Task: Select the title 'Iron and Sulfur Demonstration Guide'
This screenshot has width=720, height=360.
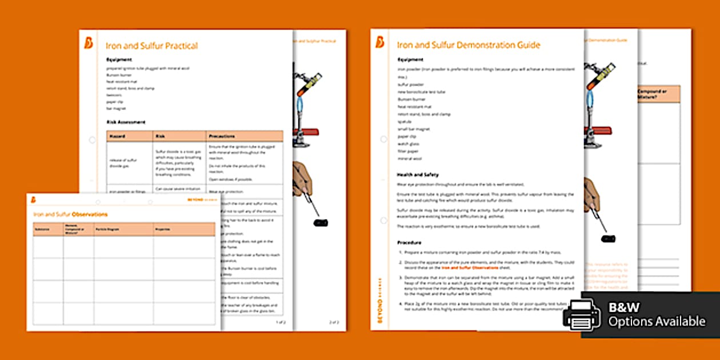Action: [x=468, y=45]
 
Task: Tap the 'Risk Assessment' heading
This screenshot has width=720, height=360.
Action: [x=126, y=122]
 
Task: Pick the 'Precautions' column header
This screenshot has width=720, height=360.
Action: [x=222, y=137]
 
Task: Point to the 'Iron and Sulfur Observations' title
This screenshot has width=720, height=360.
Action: [x=70, y=214]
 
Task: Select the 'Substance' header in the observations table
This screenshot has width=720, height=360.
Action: [x=42, y=230]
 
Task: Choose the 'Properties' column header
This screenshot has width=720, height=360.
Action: [x=163, y=230]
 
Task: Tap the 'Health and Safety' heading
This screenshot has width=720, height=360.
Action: [x=417, y=174]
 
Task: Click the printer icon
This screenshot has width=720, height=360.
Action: [x=581, y=315]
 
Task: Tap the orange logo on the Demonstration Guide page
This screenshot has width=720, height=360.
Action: [x=380, y=42]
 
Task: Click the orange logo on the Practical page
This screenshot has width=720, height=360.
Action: [x=89, y=43]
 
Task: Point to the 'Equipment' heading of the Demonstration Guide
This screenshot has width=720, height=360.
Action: [x=410, y=59]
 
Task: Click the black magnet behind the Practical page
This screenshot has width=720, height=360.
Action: [x=321, y=222]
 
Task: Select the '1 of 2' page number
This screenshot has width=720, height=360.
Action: [x=281, y=322]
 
